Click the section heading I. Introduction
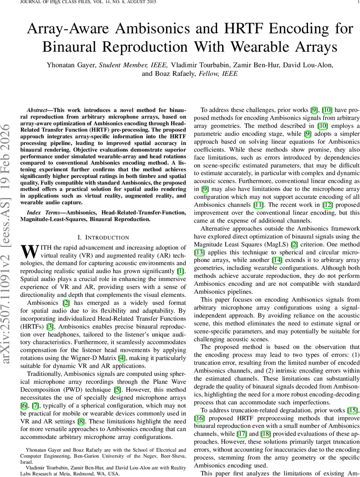click(x=103, y=238)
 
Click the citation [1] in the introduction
click(x=180, y=271)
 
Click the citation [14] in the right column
click(x=277, y=260)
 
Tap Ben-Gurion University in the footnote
click(x=89, y=456)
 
